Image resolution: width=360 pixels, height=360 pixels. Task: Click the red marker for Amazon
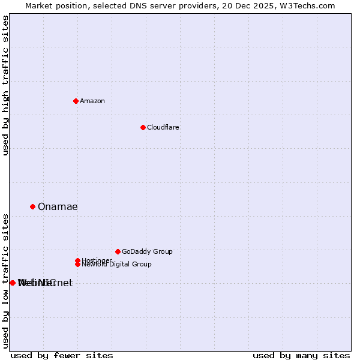tap(76, 101)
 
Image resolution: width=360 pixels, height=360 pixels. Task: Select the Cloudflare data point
tap(143, 127)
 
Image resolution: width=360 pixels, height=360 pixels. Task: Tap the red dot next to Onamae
tap(32, 206)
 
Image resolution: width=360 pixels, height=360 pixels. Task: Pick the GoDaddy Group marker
tap(118, 251)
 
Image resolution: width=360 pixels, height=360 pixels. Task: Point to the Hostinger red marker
tap(77, 260)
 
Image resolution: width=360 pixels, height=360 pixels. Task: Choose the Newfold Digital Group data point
tap(77, 264)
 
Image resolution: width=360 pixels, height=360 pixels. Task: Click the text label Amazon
tap(92, 101)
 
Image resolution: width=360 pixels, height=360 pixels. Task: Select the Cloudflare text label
tap(163, 127)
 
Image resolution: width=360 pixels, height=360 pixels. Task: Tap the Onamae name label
tap(58, 207)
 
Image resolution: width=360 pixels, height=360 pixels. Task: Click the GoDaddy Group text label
tap(147, 252)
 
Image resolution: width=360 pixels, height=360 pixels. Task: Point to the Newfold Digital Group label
tap(117, 265)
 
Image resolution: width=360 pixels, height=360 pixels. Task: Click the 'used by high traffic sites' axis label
tap(6, 85)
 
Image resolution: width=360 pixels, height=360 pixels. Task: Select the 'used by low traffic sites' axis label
tap(6, 281)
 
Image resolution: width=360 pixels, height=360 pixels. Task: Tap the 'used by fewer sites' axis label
tap(62, 356)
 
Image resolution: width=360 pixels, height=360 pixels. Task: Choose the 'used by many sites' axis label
tap(301, 356)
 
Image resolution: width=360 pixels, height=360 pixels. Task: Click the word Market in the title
tap(40, 5)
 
